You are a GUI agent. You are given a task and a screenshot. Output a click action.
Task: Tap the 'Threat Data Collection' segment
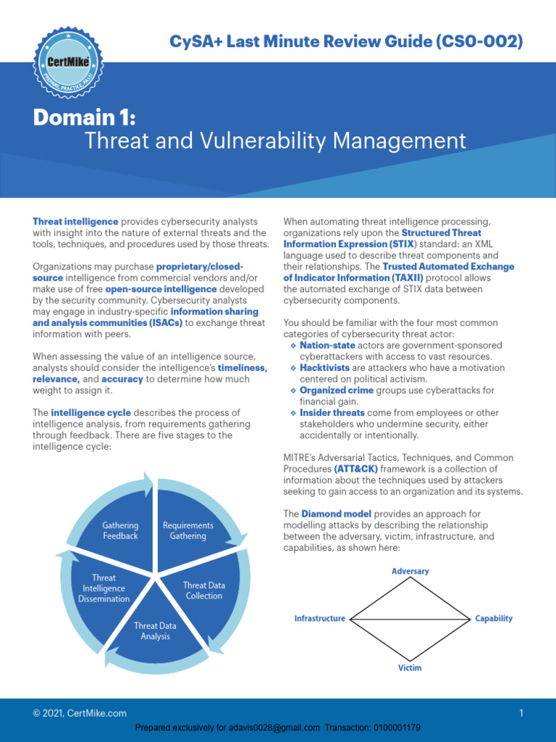pyautogui.click(x=203, y=590)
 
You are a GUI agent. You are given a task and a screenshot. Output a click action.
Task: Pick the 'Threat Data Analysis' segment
pyautogui.click(x=155, y=630)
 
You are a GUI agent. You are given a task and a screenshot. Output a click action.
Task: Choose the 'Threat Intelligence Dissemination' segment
pyautogui.click(x=104, y=588)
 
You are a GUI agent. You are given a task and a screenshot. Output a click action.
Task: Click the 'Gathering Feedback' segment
pyautogui.click(x=120, y=530)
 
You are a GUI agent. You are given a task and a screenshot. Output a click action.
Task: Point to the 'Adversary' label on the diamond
pyautogui.click(x=410, y=571)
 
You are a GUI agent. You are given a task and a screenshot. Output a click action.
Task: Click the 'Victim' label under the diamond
pyautogui.click(x=410, y=667)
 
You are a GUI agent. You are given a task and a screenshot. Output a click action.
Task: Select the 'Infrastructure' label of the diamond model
pyautogui.click(x=319, y=619)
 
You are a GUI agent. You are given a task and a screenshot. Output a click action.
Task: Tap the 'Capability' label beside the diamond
pyautogui.click(x=494, y=619)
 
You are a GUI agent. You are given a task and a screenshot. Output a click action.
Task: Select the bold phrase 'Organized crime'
pyautogui.click(x=337, y=391)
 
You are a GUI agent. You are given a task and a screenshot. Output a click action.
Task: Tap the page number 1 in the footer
pyautogui.click(x=521, y=714)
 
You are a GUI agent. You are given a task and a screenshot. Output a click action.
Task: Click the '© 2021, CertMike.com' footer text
pyautogui.click(x=80, y=714)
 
